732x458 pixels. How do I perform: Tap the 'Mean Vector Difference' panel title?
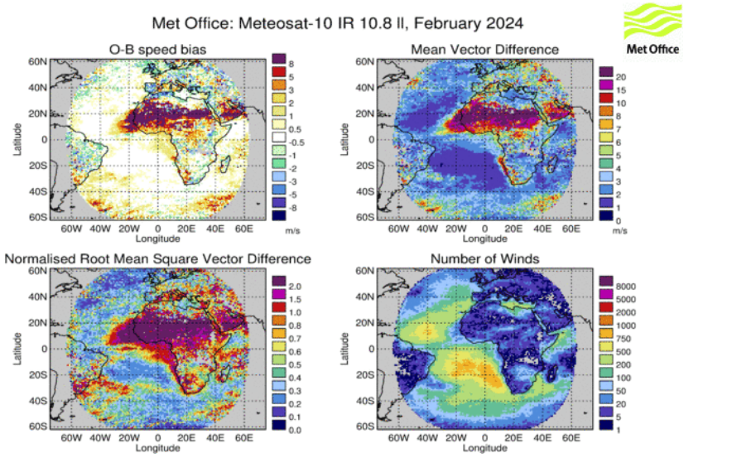[x=484, y=50]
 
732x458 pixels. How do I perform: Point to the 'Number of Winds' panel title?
[x=484, y=259]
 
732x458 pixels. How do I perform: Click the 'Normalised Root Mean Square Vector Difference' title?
[x=158, y=259]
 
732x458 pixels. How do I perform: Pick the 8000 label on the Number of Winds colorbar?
[x=626, y=285]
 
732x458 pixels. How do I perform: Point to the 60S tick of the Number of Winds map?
[x=364, y=427]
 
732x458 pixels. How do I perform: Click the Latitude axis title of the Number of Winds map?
[x=343, y=349]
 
